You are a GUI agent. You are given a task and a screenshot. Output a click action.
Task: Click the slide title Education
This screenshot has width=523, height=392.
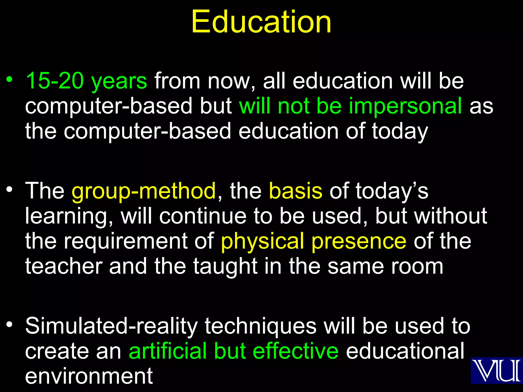261,22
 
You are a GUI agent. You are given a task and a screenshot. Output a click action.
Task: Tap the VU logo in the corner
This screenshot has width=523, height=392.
496,370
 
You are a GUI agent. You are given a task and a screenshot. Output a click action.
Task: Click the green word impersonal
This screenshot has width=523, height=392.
405,106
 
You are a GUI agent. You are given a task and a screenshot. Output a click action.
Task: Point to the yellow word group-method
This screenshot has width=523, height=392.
144,191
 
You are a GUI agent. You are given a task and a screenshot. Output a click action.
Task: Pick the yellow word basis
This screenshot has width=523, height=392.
295,191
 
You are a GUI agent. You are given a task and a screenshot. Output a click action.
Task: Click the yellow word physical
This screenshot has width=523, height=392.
263,241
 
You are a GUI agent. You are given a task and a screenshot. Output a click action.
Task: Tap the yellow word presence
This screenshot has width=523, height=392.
359,241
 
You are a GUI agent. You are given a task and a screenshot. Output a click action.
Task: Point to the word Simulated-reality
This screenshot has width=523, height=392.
111,326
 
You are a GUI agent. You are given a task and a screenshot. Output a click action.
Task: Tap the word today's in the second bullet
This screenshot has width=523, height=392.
392,191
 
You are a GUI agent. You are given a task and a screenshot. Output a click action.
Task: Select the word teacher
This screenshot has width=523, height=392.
64,266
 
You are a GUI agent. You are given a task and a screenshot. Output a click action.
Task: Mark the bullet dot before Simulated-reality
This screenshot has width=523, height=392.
9,325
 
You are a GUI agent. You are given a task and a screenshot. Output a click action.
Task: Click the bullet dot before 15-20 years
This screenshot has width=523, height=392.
9,79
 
